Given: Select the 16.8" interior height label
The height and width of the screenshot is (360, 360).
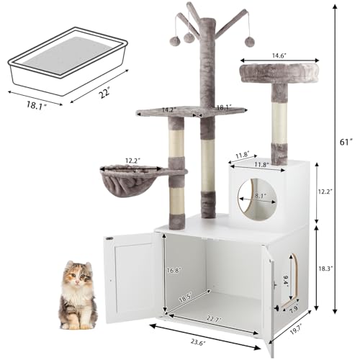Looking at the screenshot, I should point(173,270).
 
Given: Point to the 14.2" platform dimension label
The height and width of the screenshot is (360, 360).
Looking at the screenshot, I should point(168,110).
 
